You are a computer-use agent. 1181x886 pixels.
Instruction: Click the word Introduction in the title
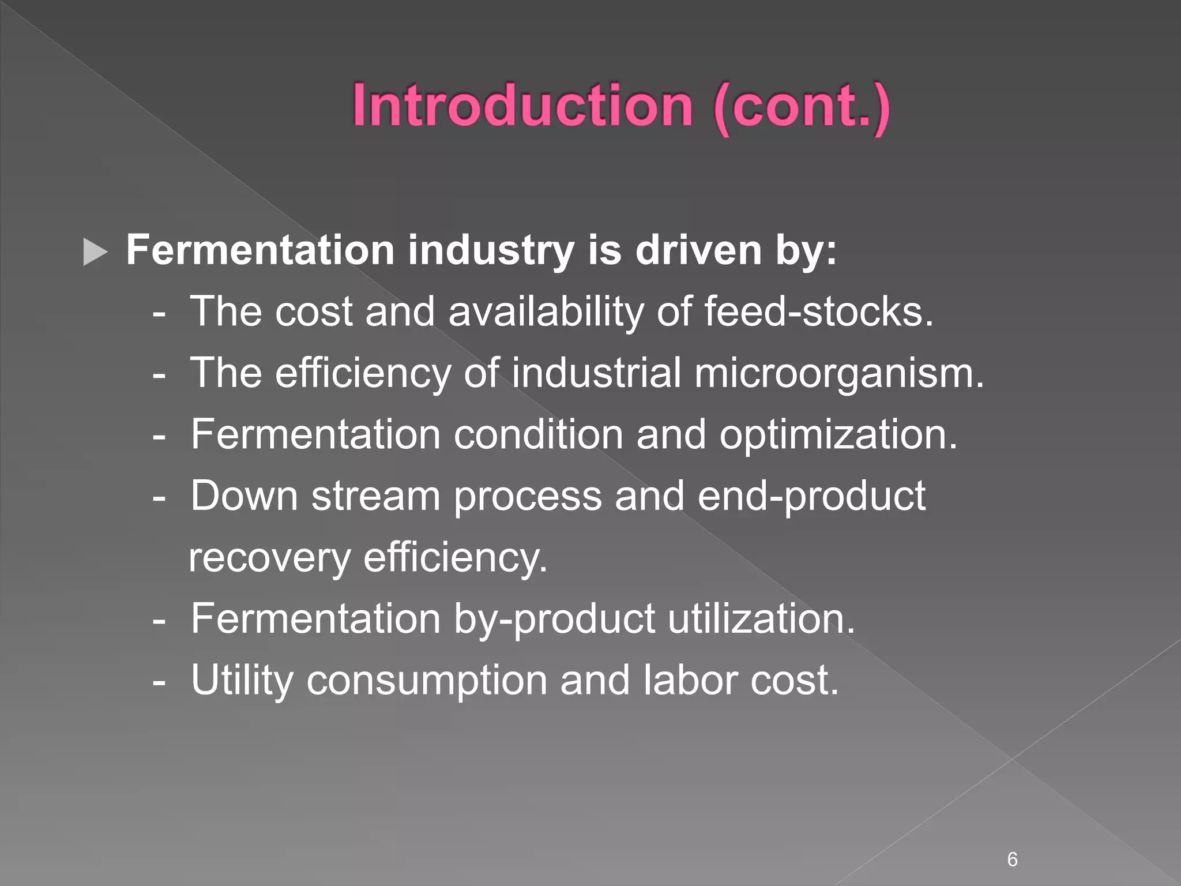coord(522,106)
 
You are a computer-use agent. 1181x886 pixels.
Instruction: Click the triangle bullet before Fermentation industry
coord(95,252)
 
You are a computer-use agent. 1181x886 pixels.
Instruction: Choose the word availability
coord(546,311)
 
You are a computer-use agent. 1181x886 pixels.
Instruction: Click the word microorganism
coord(838,373)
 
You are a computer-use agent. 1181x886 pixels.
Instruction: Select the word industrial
coord(596,373)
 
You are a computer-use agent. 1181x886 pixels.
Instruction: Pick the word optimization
coord(838,434)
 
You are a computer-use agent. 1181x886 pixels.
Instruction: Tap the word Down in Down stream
coord(244,495)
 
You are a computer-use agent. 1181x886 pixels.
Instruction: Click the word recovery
coord(269,558)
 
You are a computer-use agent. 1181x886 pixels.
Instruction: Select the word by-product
coord(554,619)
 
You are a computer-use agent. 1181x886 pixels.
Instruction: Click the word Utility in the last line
coord(242,681)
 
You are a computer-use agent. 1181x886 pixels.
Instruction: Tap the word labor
coord(690,681)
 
